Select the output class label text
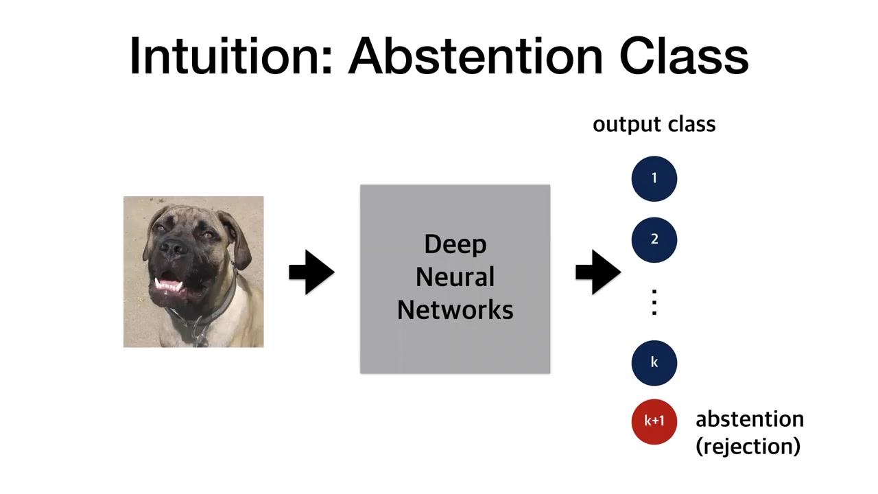click(x=654, y=124)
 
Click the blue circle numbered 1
click(x=654, y=178)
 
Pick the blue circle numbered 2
click(x=654, y=239)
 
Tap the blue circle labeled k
click(x=654, y=362)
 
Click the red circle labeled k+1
click(x=654, y=421)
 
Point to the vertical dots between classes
click(x=654, y=302)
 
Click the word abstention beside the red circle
click(x=749, y=419)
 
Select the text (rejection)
click(x=748, y=446)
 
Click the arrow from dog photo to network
click(x=311, y=272)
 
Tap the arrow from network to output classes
click(x=597, y=272)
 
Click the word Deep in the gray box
click(x=455, y=244)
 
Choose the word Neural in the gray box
click(x=455, y=277)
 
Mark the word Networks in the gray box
click(x=455, y=310)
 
